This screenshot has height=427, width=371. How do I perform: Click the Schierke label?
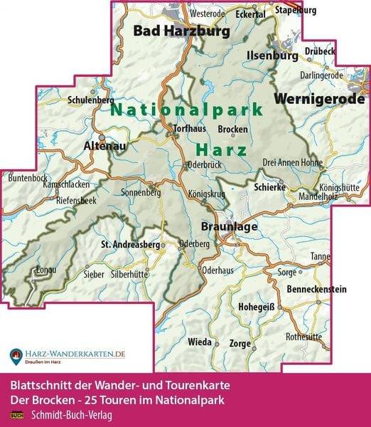[271, 186]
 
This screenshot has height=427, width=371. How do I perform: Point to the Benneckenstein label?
[316, 290]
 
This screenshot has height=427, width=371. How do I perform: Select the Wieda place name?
[199, 342]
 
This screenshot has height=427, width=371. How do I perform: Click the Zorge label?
[240, 343]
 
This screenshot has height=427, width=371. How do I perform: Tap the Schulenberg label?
[86, 100]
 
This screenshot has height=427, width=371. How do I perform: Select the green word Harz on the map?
[220, 150]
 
